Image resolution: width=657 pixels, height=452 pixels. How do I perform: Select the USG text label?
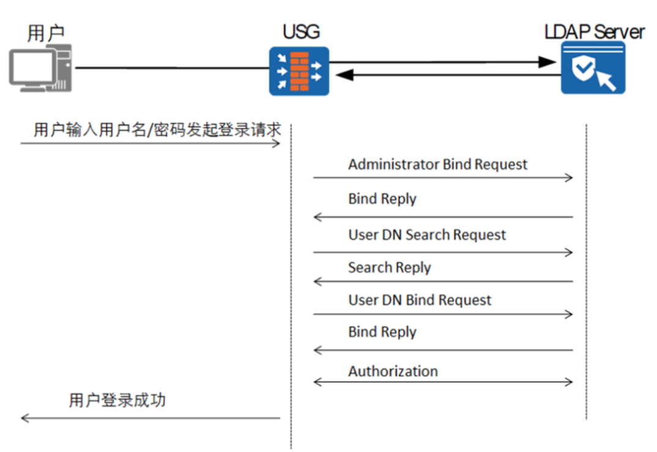(301, 32)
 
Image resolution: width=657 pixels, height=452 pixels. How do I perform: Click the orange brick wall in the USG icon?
(299, 71)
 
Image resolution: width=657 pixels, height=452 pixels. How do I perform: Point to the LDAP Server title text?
(594, 32)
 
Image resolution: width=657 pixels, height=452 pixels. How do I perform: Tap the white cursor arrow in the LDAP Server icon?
(606, 80)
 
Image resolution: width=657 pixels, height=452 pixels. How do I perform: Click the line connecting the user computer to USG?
(171, 68)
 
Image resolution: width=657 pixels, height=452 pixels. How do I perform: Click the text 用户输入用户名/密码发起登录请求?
(157, 130)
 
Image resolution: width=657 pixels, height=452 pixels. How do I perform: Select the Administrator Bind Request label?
(437, 164)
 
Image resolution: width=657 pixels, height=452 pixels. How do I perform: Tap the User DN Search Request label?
(427, 235)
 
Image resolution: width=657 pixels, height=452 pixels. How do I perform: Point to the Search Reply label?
(389, 268)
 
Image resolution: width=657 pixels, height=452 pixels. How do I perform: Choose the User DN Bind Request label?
(420, 300)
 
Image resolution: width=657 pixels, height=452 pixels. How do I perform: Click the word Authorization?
(393, 371)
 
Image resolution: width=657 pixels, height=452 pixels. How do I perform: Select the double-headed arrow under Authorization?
(443, 382)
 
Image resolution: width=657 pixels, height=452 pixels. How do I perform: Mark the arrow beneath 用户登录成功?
(150, 418)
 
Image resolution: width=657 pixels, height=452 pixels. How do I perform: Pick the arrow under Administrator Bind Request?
(443, 178)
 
